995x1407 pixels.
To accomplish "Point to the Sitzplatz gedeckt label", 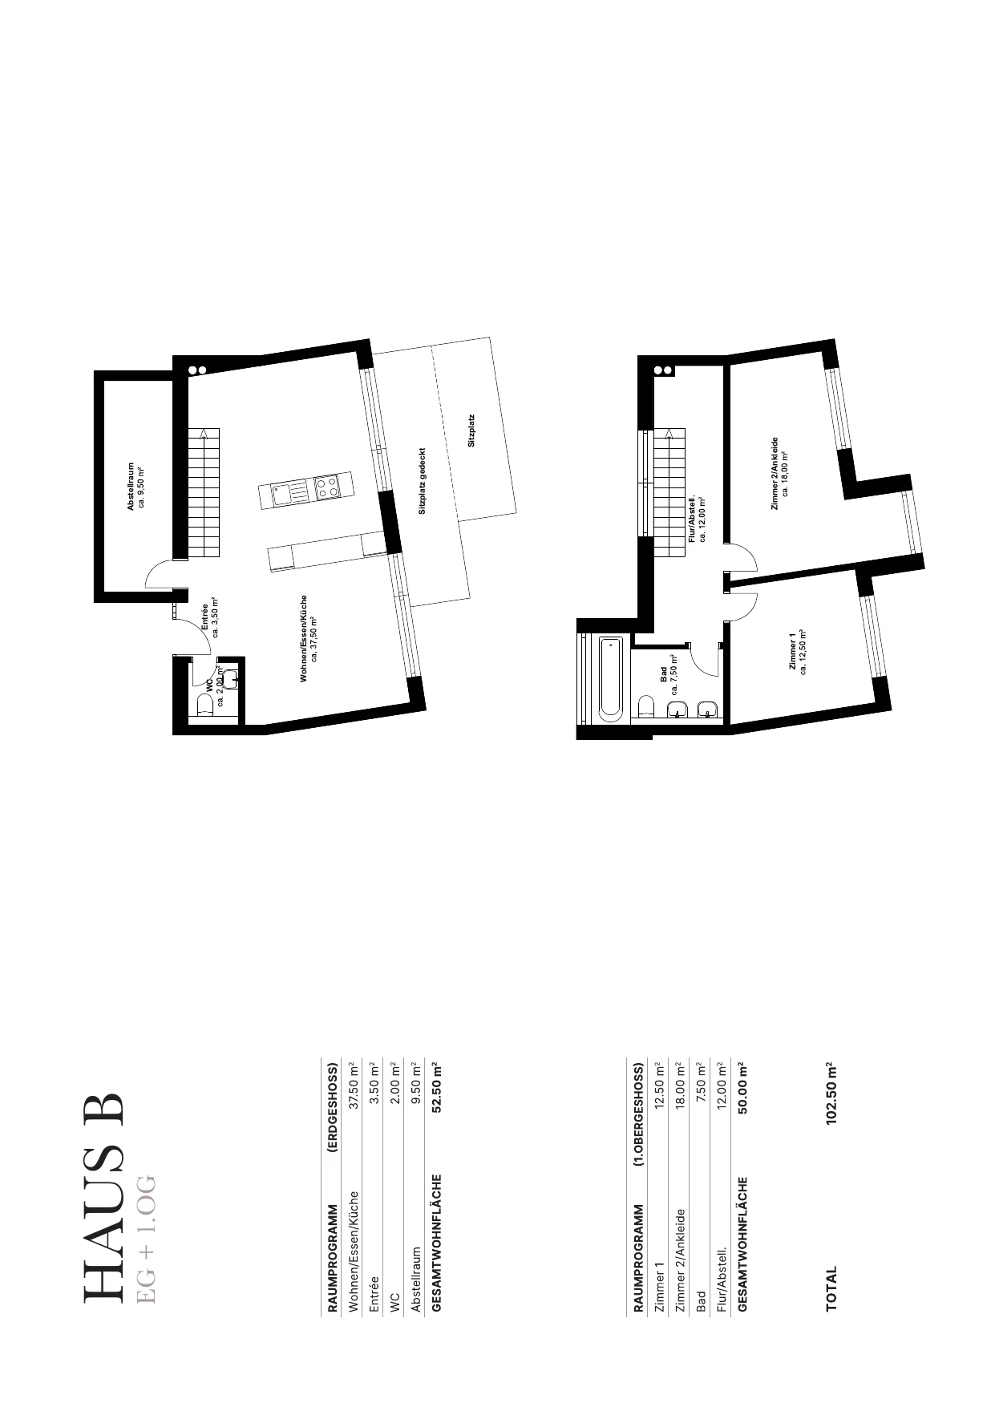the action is click(x=422, y=481).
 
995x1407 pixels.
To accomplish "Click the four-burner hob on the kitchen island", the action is click(x=326, y=488).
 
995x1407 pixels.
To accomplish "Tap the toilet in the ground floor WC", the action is click(x=204, y=705).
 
